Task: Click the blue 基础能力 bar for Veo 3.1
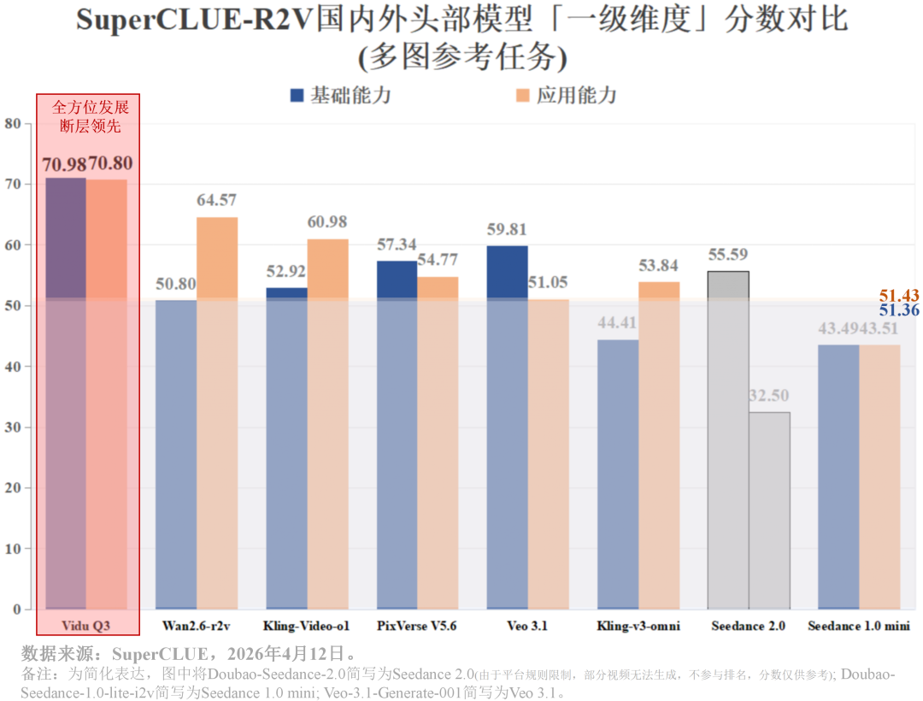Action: click(507, 427)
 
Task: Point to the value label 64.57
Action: click(217, 200)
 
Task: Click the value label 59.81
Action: click(507, 229)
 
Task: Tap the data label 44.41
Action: click(617, 323)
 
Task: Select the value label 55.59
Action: click(728, 255)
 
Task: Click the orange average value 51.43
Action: click(899, 296)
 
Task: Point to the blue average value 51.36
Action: click(899, 310)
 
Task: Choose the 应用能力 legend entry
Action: click(567, 95)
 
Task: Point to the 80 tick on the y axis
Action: click(12, 123)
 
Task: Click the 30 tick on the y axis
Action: click(12, 427)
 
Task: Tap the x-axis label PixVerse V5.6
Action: click(417, 626)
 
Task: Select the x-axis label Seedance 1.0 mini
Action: click(859, 626)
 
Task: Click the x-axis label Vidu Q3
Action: click(86, 626)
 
